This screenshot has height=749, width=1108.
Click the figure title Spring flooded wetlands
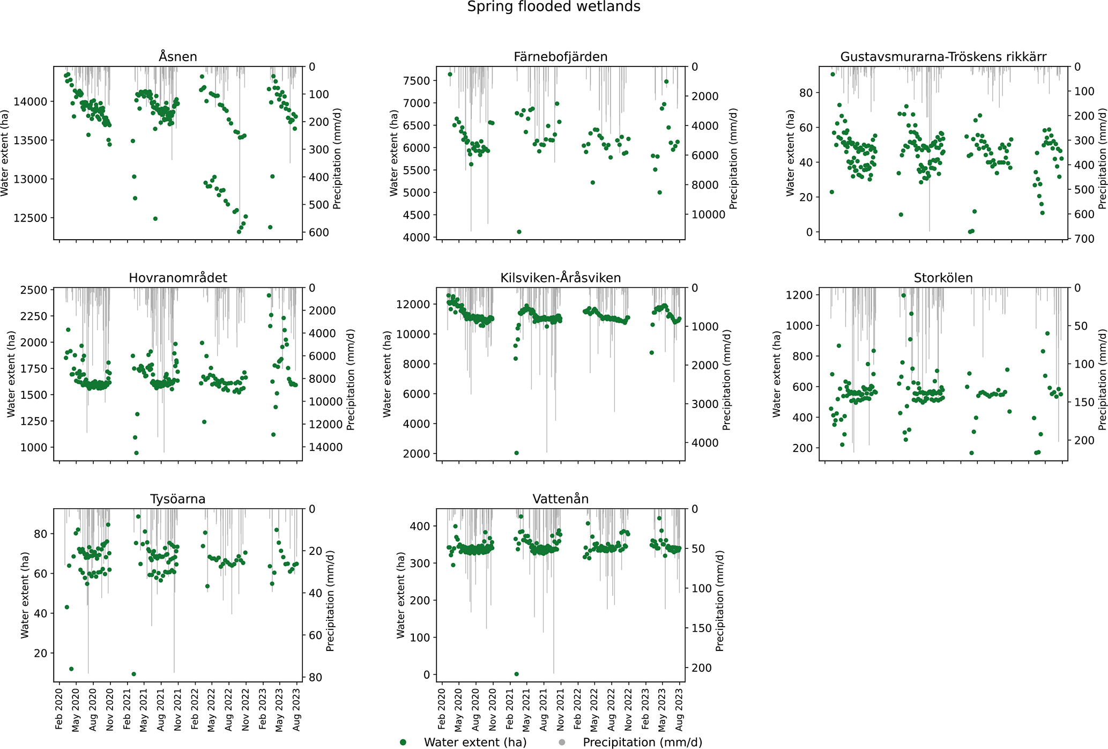554,7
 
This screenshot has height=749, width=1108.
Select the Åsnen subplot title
178,57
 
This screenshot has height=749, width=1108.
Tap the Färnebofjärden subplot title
560,57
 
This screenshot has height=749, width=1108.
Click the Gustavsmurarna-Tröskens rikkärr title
943,57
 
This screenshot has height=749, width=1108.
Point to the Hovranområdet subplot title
178,278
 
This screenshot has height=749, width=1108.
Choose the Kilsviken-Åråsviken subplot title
560,278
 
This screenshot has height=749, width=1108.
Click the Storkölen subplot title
943,278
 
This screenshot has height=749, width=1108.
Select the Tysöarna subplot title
178,499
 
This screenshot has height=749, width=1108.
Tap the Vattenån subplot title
560,499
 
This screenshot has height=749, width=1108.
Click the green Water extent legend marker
403,742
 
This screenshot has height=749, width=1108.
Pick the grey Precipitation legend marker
562,742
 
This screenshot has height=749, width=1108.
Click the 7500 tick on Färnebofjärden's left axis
419,81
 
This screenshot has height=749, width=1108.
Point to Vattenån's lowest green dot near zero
517,674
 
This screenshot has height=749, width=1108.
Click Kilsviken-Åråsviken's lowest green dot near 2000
517,453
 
